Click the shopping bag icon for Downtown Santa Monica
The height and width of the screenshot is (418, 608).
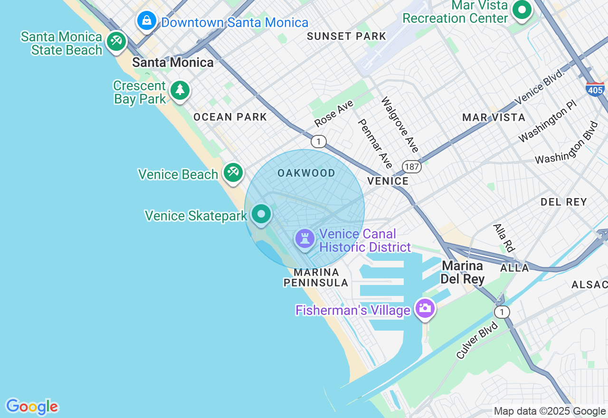[147, 21]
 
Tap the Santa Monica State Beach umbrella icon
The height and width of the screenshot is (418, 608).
[116, 41]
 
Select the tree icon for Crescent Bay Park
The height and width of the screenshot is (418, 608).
[180, 90]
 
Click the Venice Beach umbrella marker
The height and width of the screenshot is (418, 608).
[233, 172]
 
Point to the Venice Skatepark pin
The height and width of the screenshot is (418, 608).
[261, 214]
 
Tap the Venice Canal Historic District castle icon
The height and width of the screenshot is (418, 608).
[304, 238]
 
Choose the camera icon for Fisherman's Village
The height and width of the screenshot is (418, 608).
[425, 308]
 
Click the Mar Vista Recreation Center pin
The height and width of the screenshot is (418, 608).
[522, 9]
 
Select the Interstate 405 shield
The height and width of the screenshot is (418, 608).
[595, 89]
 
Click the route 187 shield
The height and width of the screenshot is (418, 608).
[411, 166]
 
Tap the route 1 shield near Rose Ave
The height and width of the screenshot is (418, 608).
[319, 141]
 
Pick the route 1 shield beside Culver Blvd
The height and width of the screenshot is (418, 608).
[502, 312]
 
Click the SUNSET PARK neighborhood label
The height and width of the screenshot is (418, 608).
[346, 36]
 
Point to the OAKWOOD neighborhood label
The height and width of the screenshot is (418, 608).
[306, 173]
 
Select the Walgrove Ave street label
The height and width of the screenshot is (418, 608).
[400, 125]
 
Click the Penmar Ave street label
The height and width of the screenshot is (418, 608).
[375, 143]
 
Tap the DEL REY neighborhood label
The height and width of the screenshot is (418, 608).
[564, 202]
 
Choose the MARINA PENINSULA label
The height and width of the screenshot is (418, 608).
[316, 277]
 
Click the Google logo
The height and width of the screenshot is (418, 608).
[32, 407]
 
